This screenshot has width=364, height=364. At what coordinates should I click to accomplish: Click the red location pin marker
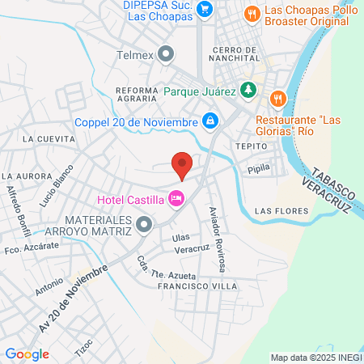(x=182, y=165)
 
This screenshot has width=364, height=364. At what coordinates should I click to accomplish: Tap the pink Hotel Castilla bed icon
(x=176, y=198)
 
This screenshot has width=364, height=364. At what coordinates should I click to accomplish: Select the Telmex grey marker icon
(x=167, y=55)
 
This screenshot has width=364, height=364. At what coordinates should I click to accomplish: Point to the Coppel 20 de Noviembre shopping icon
(x=210, y=121)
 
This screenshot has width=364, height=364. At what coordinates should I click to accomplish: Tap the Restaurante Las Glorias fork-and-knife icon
(x=277, y=98)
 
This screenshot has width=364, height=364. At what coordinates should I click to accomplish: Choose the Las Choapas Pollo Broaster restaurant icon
(x=252, y=13)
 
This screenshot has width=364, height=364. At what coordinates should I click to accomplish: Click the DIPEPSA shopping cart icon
(x=205, y=10)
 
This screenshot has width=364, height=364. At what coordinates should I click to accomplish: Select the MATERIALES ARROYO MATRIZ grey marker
(x=144, y=224)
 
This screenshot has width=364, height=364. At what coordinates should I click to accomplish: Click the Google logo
(x=27, y=353)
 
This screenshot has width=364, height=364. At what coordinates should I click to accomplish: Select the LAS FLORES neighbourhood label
(x=281, y=211)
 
